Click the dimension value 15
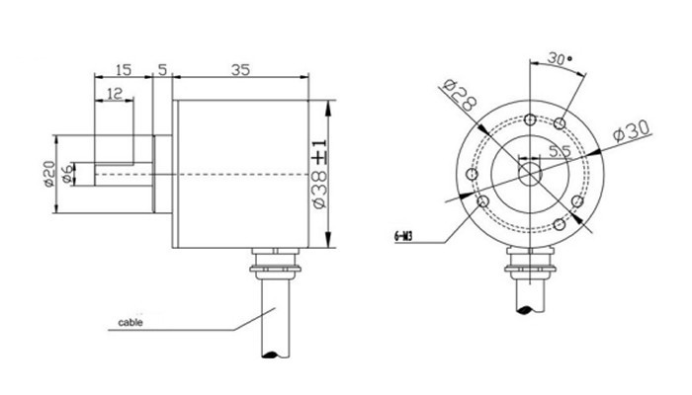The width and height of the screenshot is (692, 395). pos(123,70)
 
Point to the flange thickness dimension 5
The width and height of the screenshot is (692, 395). pos(162,70)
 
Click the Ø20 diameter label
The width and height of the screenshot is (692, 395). pos(47,174)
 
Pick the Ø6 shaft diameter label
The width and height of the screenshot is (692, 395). pos(67,174)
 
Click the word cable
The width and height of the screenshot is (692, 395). pos(130,323)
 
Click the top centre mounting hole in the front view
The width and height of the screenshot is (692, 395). pos(531,117)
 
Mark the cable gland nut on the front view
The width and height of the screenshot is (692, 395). pos(531,261)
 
